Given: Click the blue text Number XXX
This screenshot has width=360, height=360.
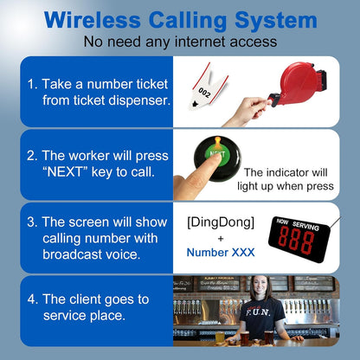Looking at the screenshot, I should (x=220, y=253).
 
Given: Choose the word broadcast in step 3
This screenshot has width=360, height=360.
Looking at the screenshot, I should (x=74, y=256).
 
